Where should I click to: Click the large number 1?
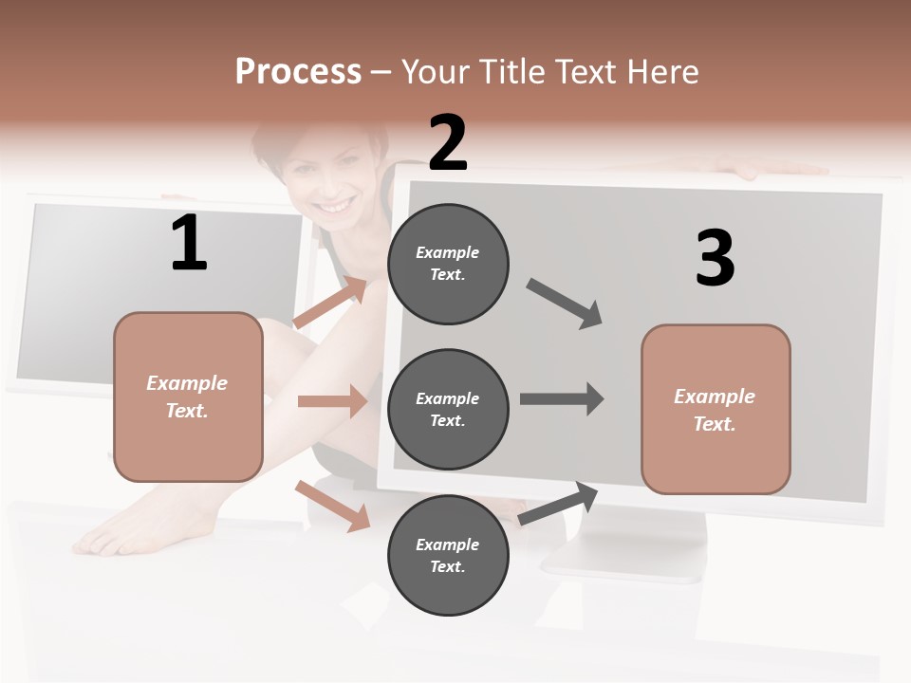click(x=189, y=243)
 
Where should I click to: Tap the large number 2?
click(x=448, y=143)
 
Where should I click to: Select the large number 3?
click(x=716, y=259)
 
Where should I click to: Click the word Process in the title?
click(x=298, y=71)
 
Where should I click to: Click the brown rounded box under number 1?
click(x=188, y=397)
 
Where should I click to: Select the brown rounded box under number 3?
click(x=716, y=409)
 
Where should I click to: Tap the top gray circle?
click(x=448, y=264)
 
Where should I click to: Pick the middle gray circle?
click(x=448, y=409)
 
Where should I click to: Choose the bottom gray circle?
click(x=448, y=555)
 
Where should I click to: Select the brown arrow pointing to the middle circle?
click(x=331, y=401)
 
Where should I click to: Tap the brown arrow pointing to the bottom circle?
click(x=332, y=505)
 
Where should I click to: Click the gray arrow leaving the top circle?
click(x=565, y=304)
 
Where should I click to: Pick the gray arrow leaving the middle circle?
click(x=561, y=398)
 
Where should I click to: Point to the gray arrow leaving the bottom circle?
click(x=559, y=503)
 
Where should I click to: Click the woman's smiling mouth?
click(x=334, y=205)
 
